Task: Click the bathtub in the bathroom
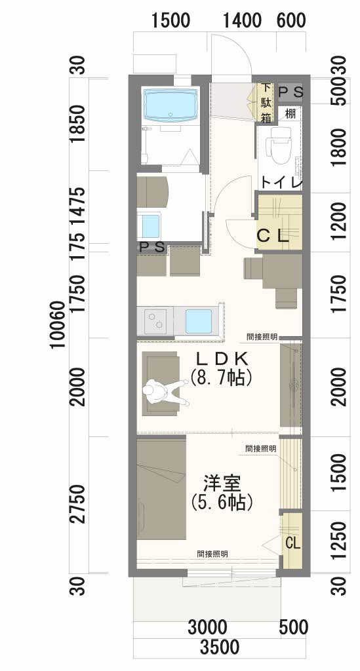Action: tap(171, 105)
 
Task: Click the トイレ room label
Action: tap(281, 183)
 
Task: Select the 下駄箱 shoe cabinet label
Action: tap(266, 103)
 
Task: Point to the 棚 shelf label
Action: tap(290, 114)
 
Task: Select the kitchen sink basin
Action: tap(199, 321)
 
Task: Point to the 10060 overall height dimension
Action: tap(58, 325)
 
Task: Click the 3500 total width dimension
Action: tap(220, 647)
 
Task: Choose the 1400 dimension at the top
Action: tap(242, 20)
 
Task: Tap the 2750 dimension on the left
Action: tap(79, 505)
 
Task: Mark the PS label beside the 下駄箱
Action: tap(291, 92)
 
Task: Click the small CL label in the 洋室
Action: tap(293, 543)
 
